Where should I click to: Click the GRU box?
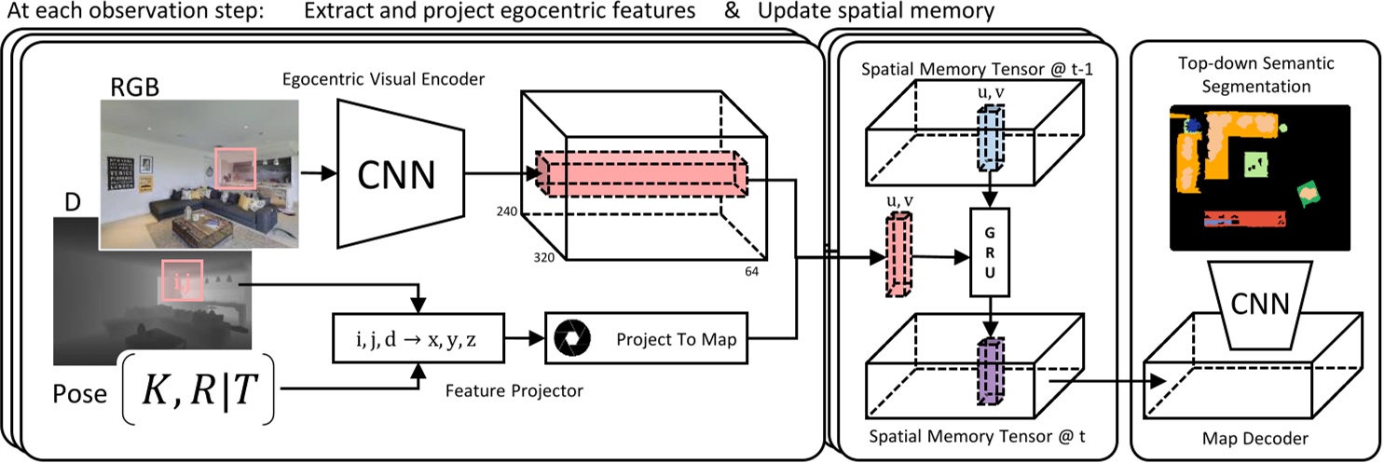(x=990, y=252)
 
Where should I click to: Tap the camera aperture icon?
(x=572, y=338)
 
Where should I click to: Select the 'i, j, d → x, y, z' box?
(x=418, y=338)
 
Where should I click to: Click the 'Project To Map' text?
(x=677, y=339)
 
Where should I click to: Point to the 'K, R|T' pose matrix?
(x=199, y=389)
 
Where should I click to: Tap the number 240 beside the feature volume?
(x=507, y=211)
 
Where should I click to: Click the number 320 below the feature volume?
(x=543, y=257)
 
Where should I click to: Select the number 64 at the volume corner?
(x=751, y=272)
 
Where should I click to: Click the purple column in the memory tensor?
(x=991, y=371)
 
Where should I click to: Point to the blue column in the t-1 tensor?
(x=991, y=138)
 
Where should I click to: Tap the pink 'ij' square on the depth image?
(x=182, y=281)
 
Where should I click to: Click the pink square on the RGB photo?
(x=235, y=168)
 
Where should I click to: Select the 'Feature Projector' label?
(x=514, y=390)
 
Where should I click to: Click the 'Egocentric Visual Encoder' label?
(x=383, y=79)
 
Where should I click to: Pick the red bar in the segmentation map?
(x=1245, y=220)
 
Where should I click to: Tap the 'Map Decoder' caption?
(x=1254, y=439)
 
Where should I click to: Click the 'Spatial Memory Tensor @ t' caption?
(x=977, y=437)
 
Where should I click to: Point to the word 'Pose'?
(x=80, y=394)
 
